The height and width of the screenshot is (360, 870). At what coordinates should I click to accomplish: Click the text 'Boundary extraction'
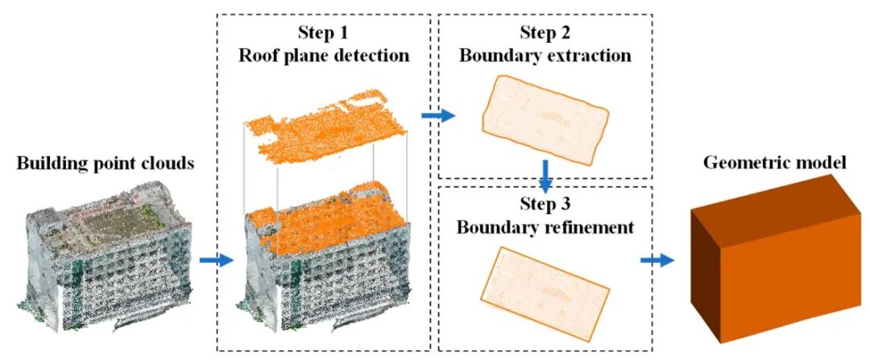tap(545, 56)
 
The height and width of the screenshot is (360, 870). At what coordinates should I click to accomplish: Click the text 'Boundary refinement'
tap(545, 227)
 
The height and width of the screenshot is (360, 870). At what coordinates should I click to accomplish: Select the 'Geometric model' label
tap(776, 163)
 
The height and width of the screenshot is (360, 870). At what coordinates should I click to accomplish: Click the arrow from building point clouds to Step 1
tap(215, 260)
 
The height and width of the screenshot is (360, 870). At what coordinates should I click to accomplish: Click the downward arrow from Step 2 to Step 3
tap(545, 173)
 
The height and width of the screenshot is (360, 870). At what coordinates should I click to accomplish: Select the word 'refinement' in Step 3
tap(586, 227)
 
